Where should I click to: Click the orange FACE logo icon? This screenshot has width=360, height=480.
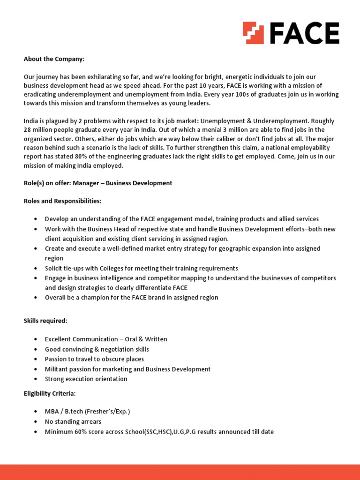[254, 33]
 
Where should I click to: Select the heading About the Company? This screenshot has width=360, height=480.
[54, 59]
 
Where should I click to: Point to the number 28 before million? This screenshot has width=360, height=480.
[28, 129]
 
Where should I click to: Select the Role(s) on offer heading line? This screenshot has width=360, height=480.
[98, 183]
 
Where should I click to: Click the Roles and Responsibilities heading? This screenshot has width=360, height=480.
[62, 201]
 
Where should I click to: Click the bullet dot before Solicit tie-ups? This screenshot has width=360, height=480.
[36, 269]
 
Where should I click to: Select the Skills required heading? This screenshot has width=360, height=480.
[45, 321]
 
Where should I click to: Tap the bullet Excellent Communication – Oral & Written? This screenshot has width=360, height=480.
[106, 339]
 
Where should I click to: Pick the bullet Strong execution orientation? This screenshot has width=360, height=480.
[86, 379]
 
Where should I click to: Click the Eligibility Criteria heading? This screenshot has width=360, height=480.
[49, 393]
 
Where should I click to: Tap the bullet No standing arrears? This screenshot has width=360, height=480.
[73, 421]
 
